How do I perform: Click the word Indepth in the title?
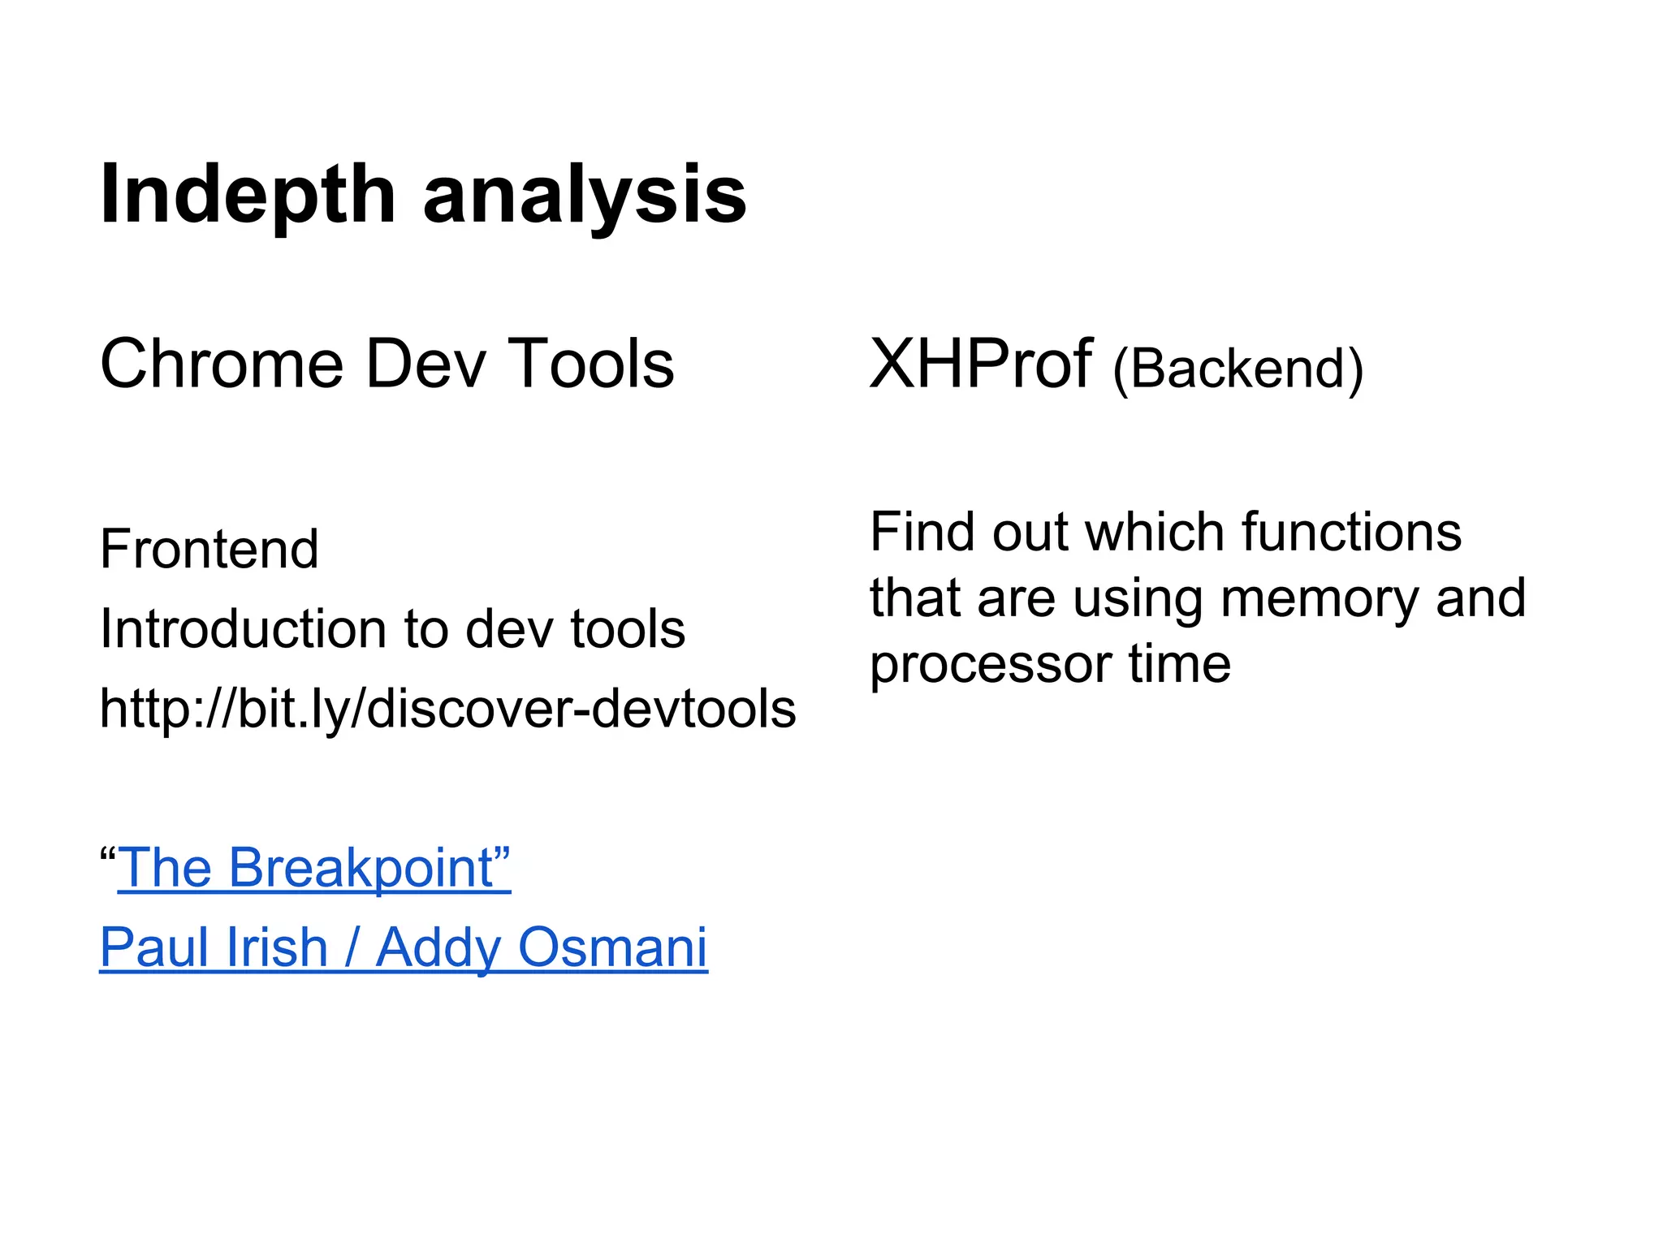coord(247,195)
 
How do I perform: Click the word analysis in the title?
coord(585,195)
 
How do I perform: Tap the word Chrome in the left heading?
coord(221,364)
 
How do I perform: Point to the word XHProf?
coord(981,364)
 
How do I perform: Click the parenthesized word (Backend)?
coord(1238,369)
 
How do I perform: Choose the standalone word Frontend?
coord(209,550)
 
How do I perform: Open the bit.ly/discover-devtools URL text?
coord(447,709)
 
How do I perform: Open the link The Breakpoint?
coord(313,868)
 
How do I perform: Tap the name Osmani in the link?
coord(612,947)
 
